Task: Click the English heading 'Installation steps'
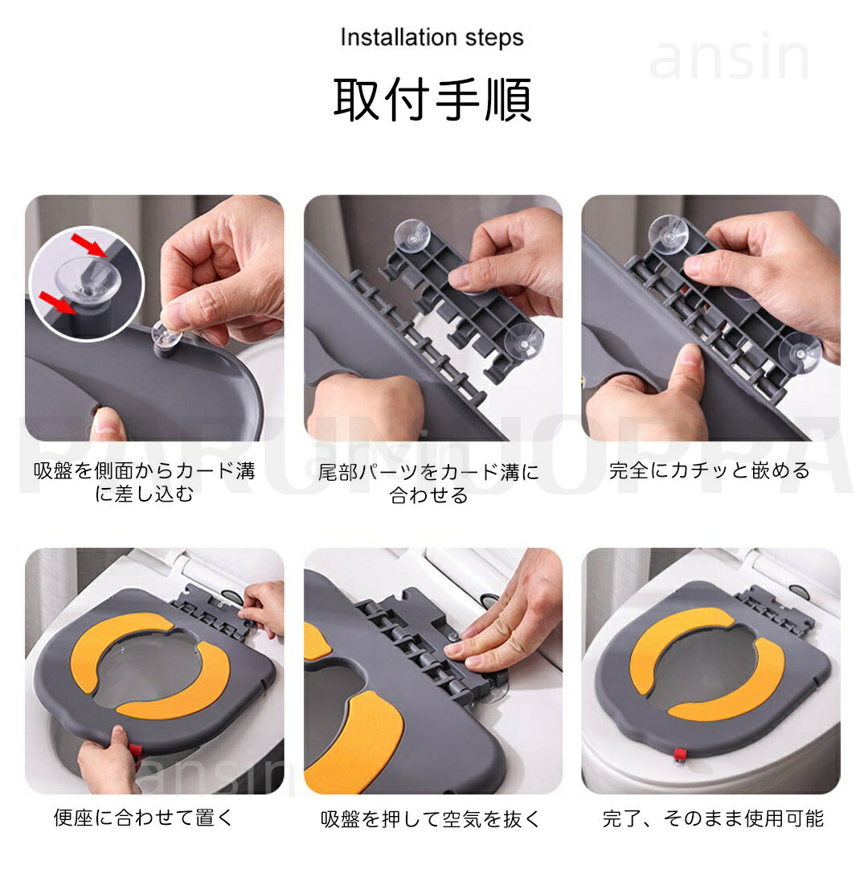[x=432, y=38]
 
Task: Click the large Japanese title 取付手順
[x=432, y=99]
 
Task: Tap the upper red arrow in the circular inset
[x=88, y=244]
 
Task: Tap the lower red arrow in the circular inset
[x=57, y=301]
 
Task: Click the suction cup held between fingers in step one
[x=166, y=336]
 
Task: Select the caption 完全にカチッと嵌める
[x=710, y=470]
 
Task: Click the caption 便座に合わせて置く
[x=144, y=817]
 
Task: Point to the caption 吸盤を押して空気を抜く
[x=430, y=818]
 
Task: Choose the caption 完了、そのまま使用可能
[x=713, y=818]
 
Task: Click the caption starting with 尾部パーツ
[x=428, y=483]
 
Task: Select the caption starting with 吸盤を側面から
[x=144, y=482]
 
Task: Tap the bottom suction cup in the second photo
[x=523, y=342]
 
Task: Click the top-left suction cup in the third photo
[x=668, y=233]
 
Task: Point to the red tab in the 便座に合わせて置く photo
[x=134, y=752]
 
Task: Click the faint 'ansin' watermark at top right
[x=729, y=57]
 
